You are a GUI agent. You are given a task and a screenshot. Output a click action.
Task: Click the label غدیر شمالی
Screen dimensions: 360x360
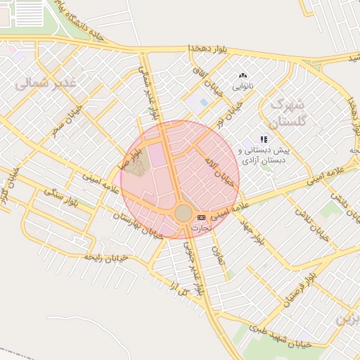tap(46, 83)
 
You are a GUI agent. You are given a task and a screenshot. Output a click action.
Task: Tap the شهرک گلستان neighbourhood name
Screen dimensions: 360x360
tap(289, 112)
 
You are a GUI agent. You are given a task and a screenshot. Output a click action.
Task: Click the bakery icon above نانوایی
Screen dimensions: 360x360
tap(243, 75)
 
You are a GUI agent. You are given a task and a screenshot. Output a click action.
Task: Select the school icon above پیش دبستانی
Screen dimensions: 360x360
tap(264, 139)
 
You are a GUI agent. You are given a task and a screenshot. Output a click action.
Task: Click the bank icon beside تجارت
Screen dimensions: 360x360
tap(202, 217)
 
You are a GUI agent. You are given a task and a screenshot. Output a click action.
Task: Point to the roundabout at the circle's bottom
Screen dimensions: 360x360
tap(183, 213)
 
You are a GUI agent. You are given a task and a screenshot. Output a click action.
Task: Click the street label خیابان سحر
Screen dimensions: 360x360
tap(67, 120)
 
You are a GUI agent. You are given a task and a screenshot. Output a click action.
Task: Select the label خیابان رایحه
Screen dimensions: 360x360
tap(105, 258)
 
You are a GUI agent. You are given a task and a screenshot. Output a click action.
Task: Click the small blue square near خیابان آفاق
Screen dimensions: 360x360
tap(204, 103)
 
